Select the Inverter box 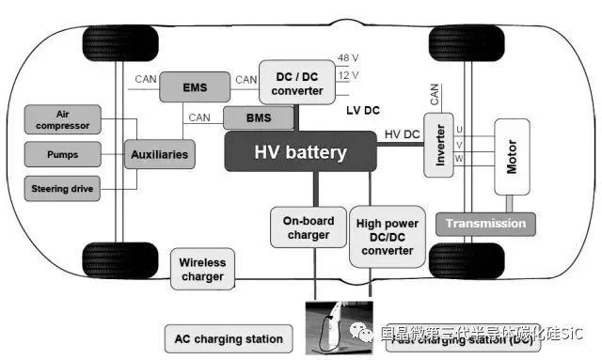tap(439, 146)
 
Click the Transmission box tap(485, 224)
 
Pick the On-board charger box tap(308, 228)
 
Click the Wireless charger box tap(202, 270)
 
